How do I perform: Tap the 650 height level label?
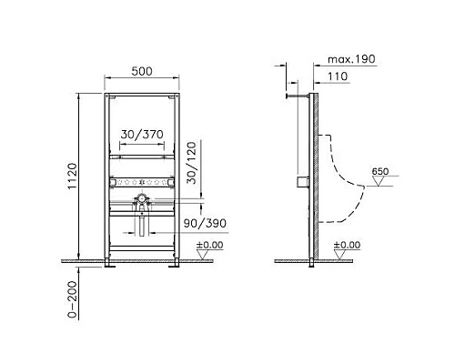(381, 171)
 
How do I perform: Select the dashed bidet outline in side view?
(341, 182)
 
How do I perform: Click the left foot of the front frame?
(110, 265)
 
